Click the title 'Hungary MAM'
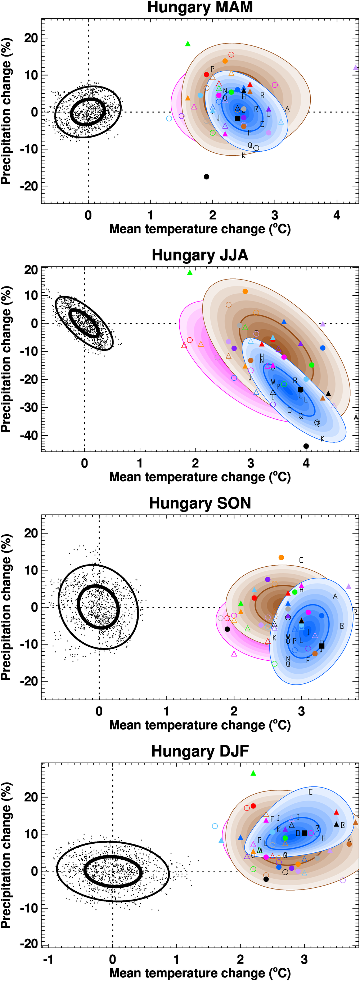pyautogui.click(x=200, y=7)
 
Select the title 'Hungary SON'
pyautogui.click(x=200, y=503)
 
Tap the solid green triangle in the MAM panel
pyautogui.click(x=188, y=44)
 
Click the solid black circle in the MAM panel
pyautogui.click(x=206, y=177)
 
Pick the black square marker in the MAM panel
pyautogui.click(x=238, y=119)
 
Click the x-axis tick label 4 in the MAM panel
pyautogui.click(x=337, y=215)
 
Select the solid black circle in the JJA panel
pyautogui.click(x=306, y=446)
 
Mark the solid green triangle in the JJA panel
pyautogui.click(x=190, y=272)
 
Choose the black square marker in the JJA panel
pyautogui.click(x=300, y=389)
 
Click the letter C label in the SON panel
pyautogui.click(x=301, y=560)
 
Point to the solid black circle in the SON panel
pyautogui.click(x=227, y=629)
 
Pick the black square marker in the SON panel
pyautogui.click(x=321, y=646)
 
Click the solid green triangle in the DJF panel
pyautogui.click(x=253, y=773)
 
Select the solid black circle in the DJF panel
pyautogui.click(x=266, y=879)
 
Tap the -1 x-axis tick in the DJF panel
pyautogui.click(x=48, y=959)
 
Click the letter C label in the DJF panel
pyautogui.click(x=311, y=792)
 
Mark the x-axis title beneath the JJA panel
pyautogui.click(x=200, y=477)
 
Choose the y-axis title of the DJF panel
pyautogui.click(x=6, y=855)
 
